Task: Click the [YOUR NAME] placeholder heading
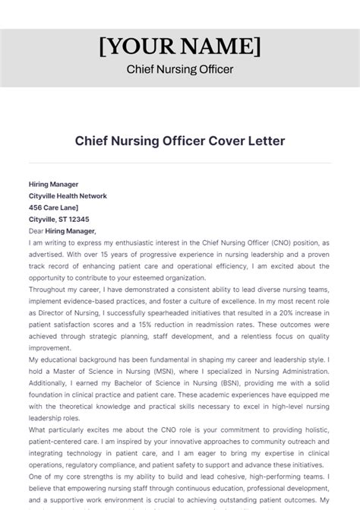[x=180, y=48]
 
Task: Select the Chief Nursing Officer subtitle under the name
[x=180, y=71]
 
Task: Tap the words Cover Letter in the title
[x=245, y=141]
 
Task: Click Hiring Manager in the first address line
[x=53, y=184]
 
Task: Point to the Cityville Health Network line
[x=68, y=195]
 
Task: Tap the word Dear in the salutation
[x=36, y=230]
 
